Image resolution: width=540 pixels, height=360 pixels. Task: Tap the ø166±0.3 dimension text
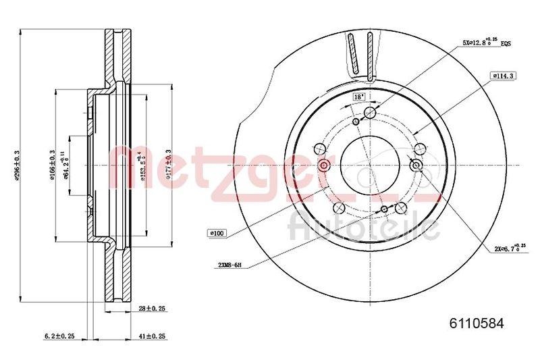53,165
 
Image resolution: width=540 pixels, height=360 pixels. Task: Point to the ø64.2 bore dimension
67,165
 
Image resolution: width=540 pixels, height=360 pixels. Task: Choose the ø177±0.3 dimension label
168,165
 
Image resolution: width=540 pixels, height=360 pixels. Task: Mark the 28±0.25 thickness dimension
152,308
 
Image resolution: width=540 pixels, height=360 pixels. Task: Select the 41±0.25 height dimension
152,336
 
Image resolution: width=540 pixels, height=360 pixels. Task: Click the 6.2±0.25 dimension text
59,336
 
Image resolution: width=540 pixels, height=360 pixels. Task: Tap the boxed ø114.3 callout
503,76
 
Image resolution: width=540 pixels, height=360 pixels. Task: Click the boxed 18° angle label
359,97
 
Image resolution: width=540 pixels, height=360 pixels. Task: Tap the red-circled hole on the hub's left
323,166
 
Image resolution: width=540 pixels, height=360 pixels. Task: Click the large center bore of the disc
369,166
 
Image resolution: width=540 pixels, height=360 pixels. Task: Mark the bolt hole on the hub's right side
416,166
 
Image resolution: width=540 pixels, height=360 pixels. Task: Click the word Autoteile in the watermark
364,228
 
